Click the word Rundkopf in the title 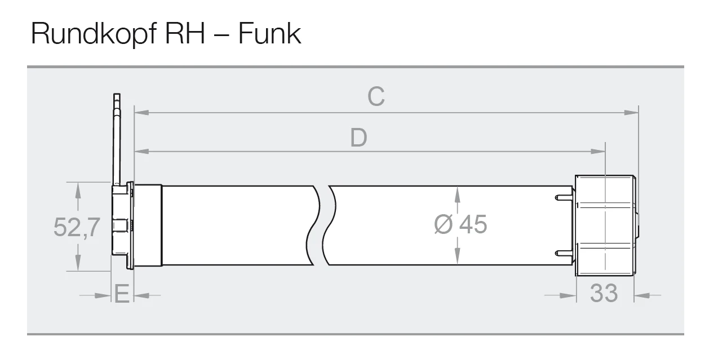click(x=94, y=34)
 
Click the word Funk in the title click(x=269, y=33)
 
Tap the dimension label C click(x=376, y=96)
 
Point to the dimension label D click(x=358, y=138)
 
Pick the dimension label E click(x=122, y=294)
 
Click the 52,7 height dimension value click(x=77, y=227)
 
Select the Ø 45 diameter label click(x=460, y=224)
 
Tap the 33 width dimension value click(x=604, y=293)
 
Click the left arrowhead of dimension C click(x=141, y=113)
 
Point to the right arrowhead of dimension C click(x=631, y=113)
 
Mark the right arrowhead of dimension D click(x=598, y=152)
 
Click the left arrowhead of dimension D click(x=141, y=152)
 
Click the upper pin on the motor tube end click(x=564, y=198)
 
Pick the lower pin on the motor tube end click(x=564, y=253)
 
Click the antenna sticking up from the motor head click(x=117, y=139)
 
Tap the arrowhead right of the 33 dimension click(x=641, y=295)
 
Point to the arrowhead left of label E click(x=103, y=295)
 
